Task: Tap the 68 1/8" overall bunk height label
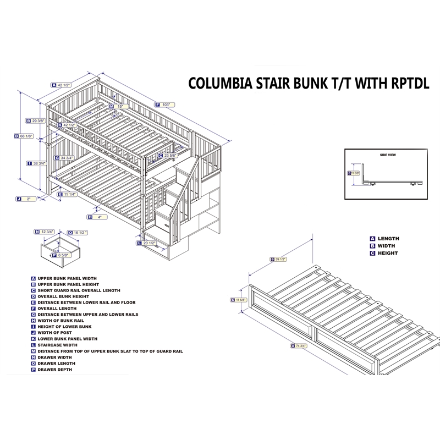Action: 26,136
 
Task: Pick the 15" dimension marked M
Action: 121,106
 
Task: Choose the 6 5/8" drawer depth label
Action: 62,255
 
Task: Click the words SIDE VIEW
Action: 388,155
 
